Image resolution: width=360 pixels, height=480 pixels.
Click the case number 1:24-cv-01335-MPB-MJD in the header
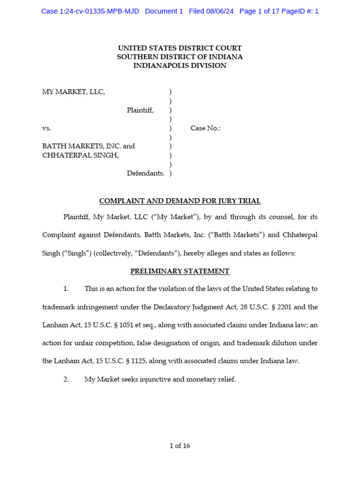tap(90, 11)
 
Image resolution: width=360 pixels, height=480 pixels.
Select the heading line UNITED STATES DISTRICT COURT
tap(180, 48)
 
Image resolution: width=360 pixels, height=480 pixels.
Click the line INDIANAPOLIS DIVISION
tap(180, 66)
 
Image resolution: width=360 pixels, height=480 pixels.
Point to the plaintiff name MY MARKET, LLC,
tap(74, 92)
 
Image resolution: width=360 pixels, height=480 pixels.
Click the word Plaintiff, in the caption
tap(140, 110)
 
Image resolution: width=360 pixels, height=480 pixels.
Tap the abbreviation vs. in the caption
tap(46, 128)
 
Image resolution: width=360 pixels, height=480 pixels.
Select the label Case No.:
tap(205, 128)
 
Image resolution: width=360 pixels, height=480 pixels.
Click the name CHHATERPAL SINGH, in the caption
tap(80, 155)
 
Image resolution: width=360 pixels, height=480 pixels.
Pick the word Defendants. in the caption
tap(145, 173)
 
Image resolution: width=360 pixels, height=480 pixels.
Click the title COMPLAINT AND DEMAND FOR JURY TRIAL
tap(180, 201)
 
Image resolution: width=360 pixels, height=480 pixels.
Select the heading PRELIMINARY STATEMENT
tap(180, 271)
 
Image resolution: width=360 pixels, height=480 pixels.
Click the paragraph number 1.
tap(66, 289)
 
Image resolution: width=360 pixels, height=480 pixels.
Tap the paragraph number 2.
tap(66, 379)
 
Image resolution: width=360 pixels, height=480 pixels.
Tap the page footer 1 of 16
tap(180, 446)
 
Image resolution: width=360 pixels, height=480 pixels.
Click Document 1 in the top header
tap(164, 11)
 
